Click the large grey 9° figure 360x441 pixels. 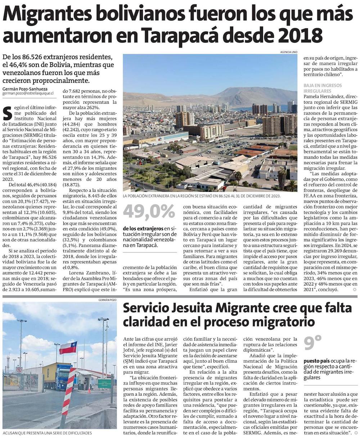coord(312,344)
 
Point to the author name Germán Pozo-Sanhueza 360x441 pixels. coord(25,89)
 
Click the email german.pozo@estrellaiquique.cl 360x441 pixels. coord(28,94)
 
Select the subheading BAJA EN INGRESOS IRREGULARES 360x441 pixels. coord(323,88)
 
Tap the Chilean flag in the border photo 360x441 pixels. coord(68,348)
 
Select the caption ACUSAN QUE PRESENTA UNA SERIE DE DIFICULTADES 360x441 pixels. coord(47,433)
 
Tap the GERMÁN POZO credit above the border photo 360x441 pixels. coord(107,300)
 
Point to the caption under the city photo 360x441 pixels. coord(202,196)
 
